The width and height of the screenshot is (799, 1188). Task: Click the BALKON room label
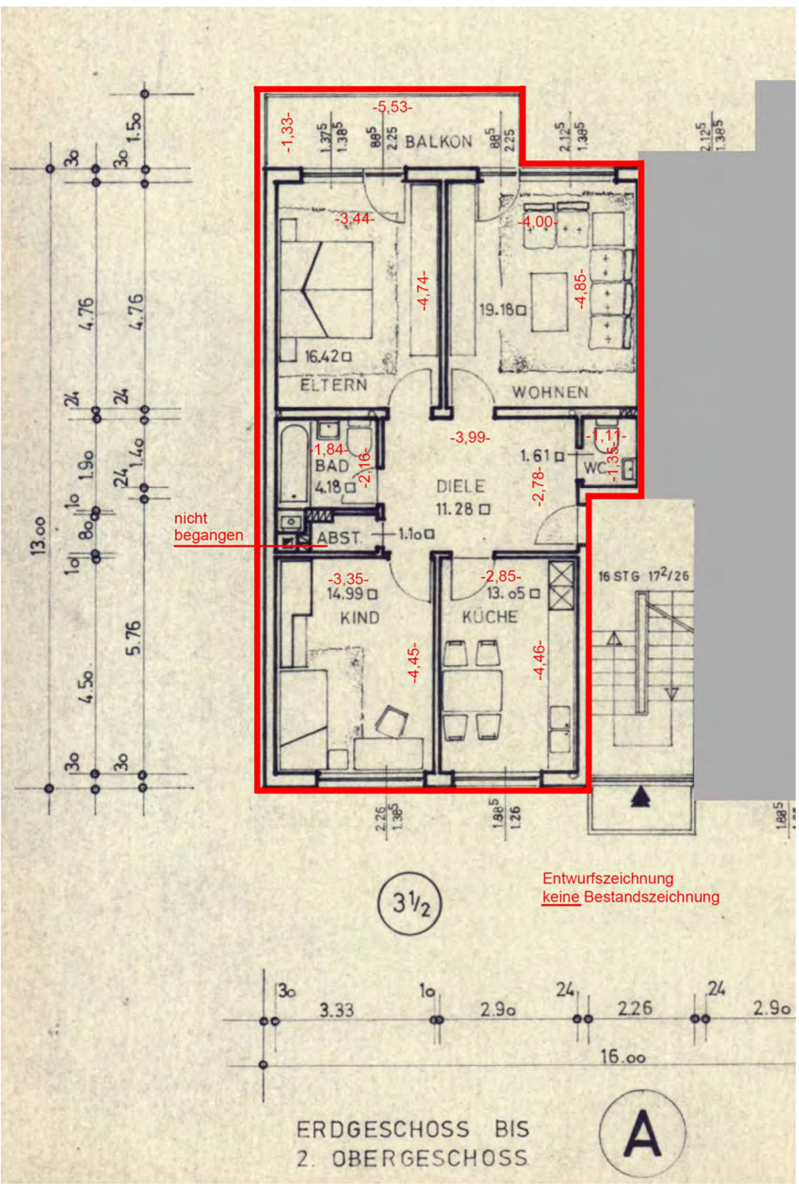click(438, 141)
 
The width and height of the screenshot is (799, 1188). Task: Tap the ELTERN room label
click(333, 384)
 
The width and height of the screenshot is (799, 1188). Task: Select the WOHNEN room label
click(551, 392)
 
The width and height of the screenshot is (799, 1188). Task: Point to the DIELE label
click(461, 486)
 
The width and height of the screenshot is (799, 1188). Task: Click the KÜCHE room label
click(490, 617)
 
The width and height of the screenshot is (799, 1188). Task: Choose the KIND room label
click(360, 618)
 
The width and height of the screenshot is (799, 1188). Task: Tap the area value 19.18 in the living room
click(497, 309)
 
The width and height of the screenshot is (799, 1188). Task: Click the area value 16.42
click(322, 357)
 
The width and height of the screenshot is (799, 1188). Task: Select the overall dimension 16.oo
click(622, 1058)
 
